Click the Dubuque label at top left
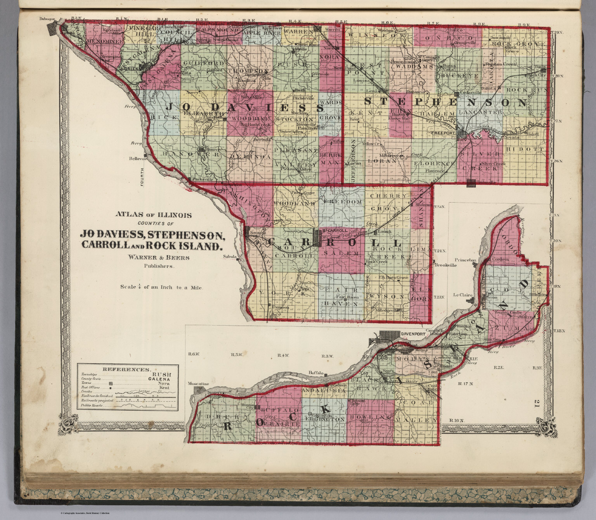click(x=46, y=19)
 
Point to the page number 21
click(x=537, y=403)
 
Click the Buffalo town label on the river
click(x=315, y=373)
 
